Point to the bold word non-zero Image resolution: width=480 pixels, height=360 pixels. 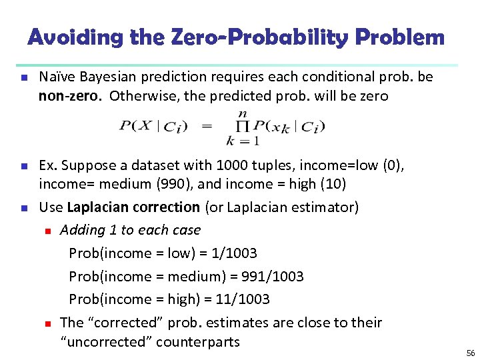tap(70, 95)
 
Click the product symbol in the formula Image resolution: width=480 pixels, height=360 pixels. tap(244, 126)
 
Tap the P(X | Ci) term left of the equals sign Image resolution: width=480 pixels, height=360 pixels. tap(153, 126)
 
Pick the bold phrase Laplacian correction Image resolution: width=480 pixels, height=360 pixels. tap(133, 207)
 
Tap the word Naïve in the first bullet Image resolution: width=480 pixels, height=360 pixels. tap(56, 77)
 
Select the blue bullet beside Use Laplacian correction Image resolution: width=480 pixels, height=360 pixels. tap(23, 208)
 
